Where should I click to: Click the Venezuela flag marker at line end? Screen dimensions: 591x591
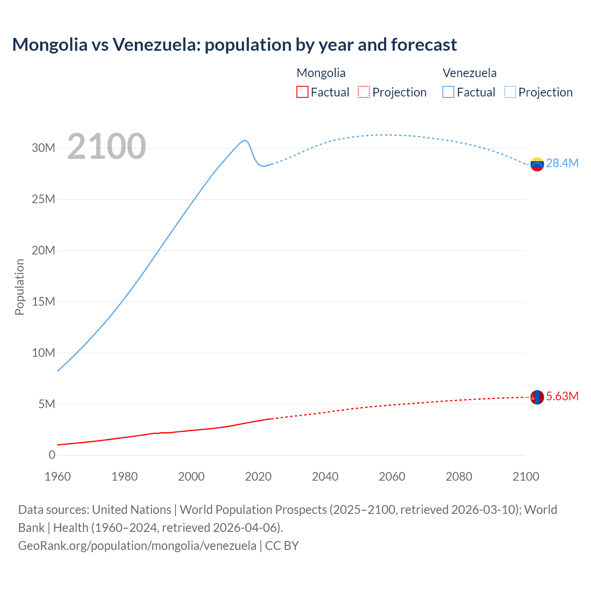click(537, 164)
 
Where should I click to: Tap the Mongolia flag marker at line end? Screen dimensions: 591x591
click(537, 397)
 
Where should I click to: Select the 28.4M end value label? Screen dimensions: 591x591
click(562, 163)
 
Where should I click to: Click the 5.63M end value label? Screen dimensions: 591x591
click(562, 396)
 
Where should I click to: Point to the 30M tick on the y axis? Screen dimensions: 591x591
click(43, 148)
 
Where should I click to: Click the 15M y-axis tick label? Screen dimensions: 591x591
click(43, 302)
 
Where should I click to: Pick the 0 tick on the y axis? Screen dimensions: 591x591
click(52, 455)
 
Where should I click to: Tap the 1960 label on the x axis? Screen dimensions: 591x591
click(58, 476)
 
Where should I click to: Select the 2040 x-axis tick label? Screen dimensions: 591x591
click(325, 476)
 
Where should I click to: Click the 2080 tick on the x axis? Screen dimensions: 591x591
click(459, 476)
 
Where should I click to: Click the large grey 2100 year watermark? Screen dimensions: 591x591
click(107, 147)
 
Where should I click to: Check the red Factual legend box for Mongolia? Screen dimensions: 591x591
click(302, 92)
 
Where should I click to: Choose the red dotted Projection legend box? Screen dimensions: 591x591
click(364, 92)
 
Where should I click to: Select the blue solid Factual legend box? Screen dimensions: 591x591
click(448, 92)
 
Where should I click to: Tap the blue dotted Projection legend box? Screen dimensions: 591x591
click(510, 92)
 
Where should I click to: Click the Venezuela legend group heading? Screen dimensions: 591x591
click(470, 73)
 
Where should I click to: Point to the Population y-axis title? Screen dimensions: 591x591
click(19, 287)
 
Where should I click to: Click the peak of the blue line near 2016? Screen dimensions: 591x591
click(245, 140)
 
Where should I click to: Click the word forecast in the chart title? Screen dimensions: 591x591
click(424, 45)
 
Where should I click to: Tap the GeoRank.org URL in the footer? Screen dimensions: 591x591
click(137, 546)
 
